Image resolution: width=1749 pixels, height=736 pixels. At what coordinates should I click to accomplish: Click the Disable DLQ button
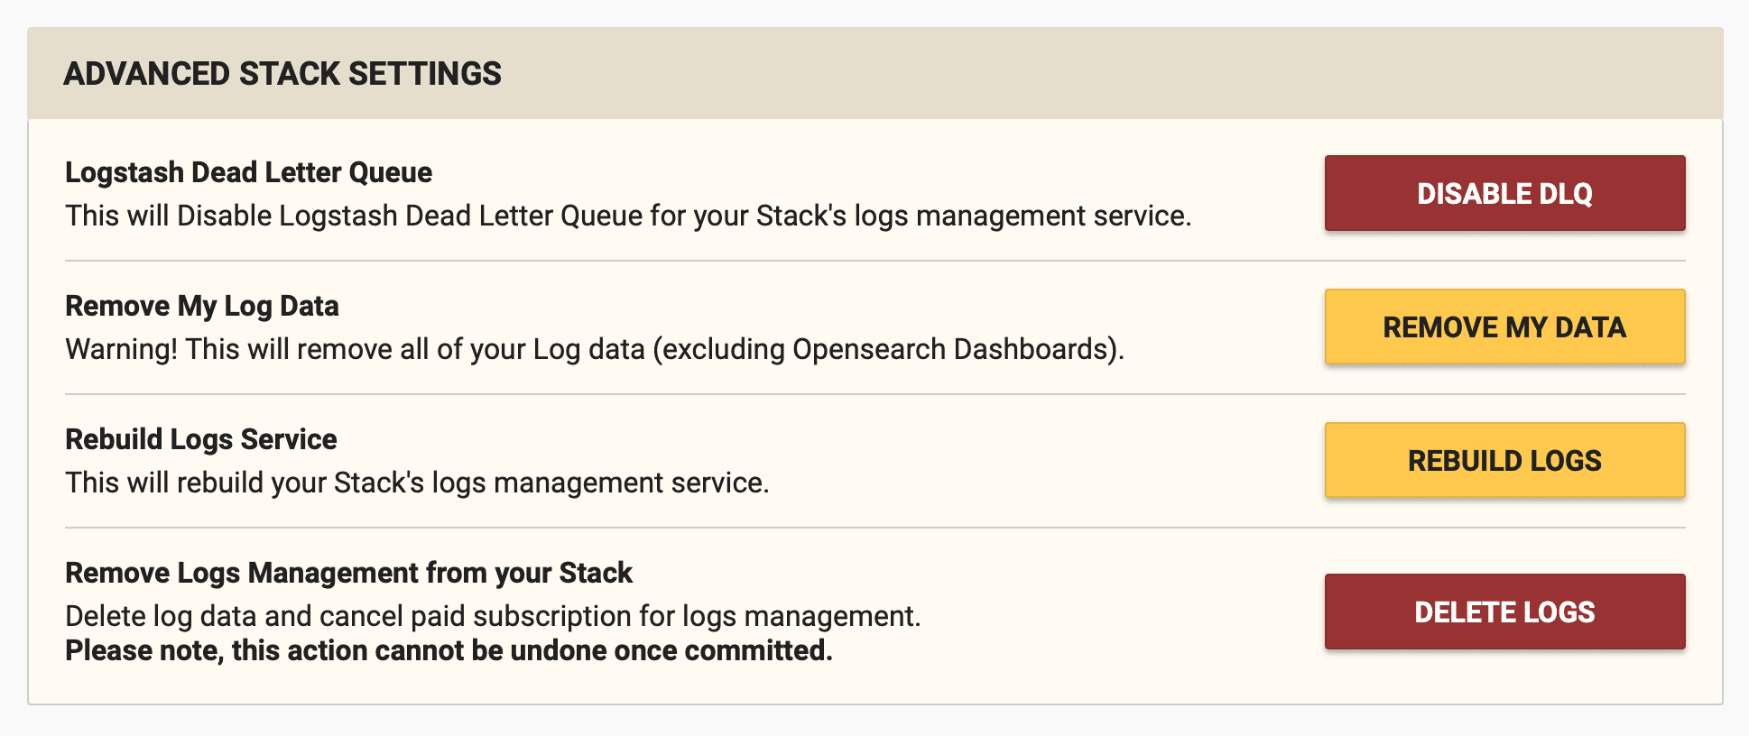(1504, 193)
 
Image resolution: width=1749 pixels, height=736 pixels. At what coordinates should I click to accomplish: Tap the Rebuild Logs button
(1504, 460)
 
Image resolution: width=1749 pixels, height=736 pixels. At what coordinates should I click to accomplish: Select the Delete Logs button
(1504, 612)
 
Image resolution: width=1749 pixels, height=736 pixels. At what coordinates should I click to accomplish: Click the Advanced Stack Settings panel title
(282, 74)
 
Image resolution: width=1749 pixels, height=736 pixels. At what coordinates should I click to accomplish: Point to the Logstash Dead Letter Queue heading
(248, 172)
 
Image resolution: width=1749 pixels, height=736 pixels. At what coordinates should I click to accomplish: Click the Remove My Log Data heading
(202, 306)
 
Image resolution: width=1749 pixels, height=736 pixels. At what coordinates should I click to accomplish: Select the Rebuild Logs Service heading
(200, 439)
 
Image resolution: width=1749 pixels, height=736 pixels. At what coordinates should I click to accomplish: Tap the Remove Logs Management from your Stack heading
(348, 573)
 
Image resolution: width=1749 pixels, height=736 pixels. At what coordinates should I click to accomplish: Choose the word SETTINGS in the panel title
(424, 74)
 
